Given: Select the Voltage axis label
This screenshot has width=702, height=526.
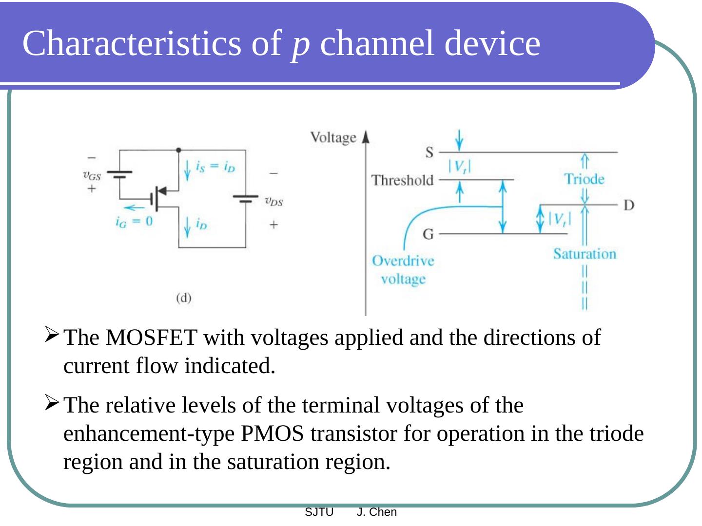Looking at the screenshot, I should [x=333, y=138].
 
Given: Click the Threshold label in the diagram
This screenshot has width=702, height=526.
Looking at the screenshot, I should [x=402, y=181].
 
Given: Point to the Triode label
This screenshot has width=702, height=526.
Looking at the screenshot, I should [x=584, y=179].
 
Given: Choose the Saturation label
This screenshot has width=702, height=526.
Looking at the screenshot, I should [x=585, y=254].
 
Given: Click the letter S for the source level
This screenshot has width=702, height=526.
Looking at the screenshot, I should [x=429, y=153].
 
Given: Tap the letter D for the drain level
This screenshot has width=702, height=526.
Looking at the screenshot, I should [x=629, y=205].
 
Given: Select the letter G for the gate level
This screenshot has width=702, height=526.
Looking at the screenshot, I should [x=428, y=235].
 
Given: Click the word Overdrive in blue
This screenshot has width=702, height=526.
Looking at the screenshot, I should [x=403, y=261].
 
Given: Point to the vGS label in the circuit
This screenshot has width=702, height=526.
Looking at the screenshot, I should [x=92, y=175].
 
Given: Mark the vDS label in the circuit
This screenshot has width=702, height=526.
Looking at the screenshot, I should [x=273, y=201].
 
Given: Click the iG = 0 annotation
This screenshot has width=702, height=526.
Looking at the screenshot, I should [x=134, y=222].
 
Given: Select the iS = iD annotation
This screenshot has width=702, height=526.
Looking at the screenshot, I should [x=215, y=167].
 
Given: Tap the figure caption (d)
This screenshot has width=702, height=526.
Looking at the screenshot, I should [x=184, y=298].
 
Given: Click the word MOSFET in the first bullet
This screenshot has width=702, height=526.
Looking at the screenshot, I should [x=151, y=338].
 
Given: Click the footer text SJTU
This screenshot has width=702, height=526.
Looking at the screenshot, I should [x=319, y=512].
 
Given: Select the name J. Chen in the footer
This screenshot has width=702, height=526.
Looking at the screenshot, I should [x=377, y=512].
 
